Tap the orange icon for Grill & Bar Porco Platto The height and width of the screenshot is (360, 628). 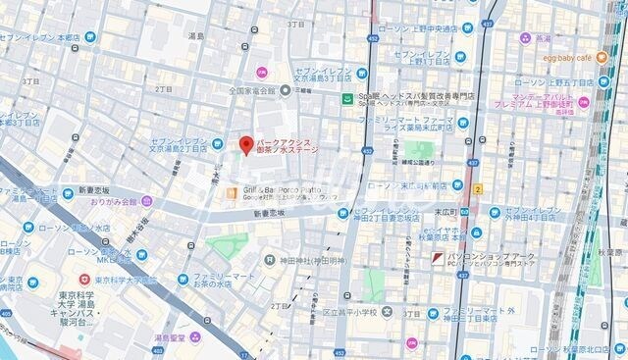coord(232,192)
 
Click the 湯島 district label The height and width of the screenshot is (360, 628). coord(197,35)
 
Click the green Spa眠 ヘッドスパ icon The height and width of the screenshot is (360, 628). coord(346,98)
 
